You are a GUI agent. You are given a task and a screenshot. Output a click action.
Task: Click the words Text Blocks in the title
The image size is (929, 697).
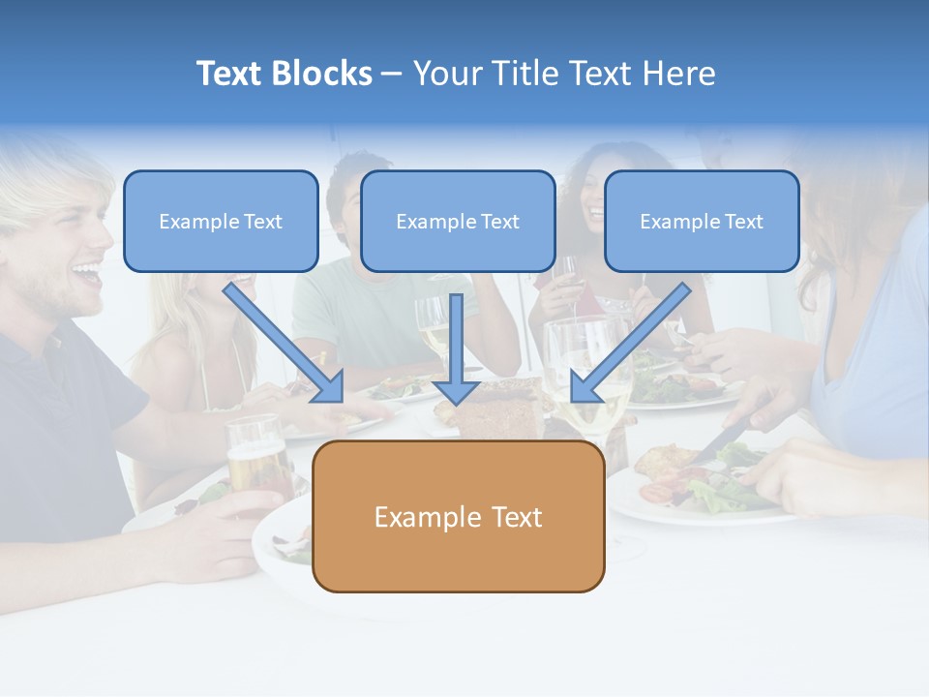pyautogui.click(x=284, y=74)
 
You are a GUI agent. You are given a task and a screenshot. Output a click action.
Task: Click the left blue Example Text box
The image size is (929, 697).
pyautogui.click(x=221, y=222)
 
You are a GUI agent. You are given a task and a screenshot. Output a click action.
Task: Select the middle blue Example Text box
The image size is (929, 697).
pyautogui.click(x=458, y=222)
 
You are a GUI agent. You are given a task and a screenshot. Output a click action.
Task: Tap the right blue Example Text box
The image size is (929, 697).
pyautogui.click(x=702, y=222)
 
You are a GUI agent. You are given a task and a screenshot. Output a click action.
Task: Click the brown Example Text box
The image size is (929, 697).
pyautogui.click(x=458, y=517)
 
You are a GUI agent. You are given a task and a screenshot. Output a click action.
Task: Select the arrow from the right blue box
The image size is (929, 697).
pyautogui.click(x=629, y=344)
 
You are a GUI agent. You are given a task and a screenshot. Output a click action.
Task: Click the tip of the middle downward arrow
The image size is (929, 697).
pyautogui.click(x=456, y=401)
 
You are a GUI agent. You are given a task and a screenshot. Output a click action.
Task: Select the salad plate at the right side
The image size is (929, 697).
pyautogui.click(x=697, y=484)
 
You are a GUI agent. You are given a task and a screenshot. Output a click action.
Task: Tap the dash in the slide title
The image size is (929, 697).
pyautogui.click(x=392, y=75)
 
